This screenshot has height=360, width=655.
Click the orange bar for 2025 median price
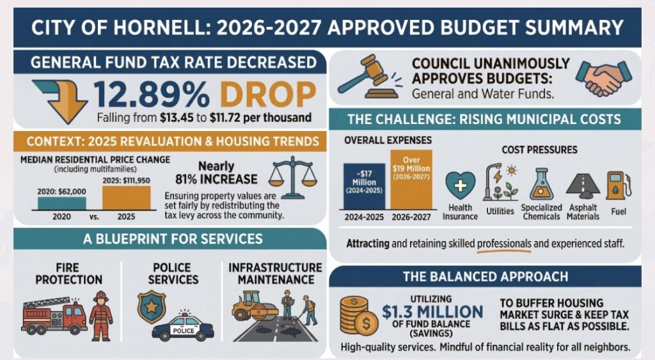(x=127, y=197)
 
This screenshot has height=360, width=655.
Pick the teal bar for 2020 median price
(x=61, y=203)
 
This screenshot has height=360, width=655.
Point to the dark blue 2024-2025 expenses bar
(x=365, y=186)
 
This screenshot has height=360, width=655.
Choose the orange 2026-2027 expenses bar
(x=412, y=180)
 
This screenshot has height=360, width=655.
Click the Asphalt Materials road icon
(x=583, y=185)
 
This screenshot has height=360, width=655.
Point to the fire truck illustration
(x=54, y=315)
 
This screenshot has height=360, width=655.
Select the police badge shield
(x=151, y=306)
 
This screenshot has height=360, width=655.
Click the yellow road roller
(x=254, y=308)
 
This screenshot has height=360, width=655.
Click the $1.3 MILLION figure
(x=432, y=311)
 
